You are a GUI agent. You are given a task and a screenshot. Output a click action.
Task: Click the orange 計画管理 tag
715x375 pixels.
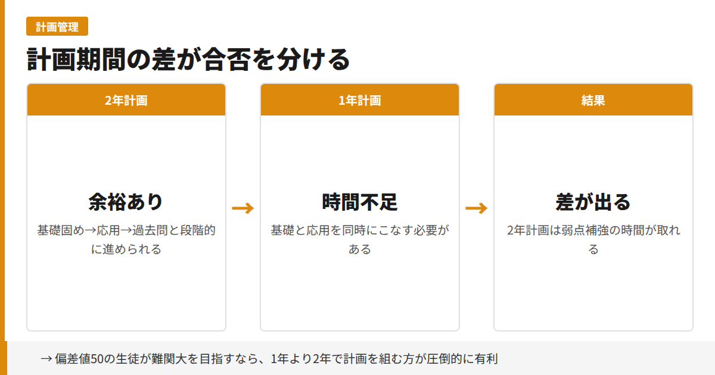coord(57,26)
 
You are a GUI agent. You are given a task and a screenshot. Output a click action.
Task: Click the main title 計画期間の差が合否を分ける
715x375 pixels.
coord(188,60)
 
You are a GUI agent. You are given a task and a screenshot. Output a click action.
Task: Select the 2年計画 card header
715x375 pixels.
coord(126,100)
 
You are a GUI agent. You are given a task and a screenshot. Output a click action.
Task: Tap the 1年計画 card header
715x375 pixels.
coord(360,100)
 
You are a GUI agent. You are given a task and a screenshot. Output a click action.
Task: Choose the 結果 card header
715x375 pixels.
coord(593,100)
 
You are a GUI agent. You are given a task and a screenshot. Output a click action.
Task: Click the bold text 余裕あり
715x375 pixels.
coord(126,202)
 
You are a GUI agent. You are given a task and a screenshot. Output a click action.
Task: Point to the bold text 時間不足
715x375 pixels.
coord(360,202)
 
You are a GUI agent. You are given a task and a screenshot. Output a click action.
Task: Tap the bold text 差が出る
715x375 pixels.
coord(593,202)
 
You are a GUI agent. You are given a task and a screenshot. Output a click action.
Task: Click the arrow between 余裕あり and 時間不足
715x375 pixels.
coord(243,208)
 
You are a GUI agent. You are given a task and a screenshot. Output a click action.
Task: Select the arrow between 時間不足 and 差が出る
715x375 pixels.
coord(477,208)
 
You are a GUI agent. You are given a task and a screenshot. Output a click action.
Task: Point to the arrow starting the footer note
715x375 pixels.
coord(46,359)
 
